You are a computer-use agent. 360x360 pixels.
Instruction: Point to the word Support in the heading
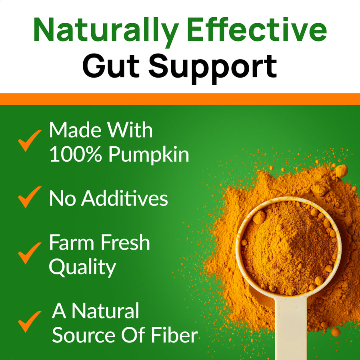(x=212, y=67)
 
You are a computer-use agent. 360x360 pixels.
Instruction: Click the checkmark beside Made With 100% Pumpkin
(x=30, y=140)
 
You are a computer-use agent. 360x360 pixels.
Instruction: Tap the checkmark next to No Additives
(x=30, y=197)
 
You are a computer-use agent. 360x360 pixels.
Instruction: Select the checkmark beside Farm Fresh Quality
(x=30, y=253)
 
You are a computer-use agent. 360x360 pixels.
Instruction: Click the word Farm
(x=70, y=243)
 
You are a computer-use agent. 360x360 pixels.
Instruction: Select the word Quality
(x=82, y=268)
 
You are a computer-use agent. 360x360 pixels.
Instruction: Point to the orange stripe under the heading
(x=180, y=99)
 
